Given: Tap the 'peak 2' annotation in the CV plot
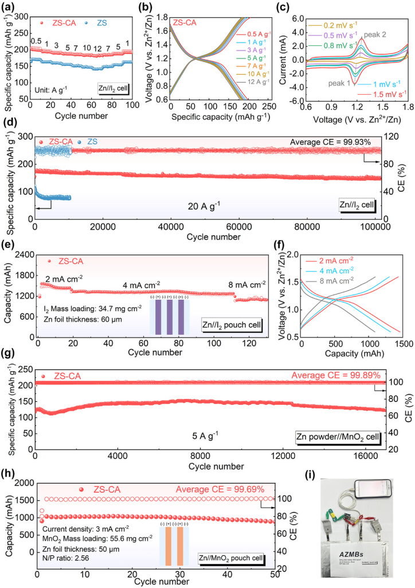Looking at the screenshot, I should tap(375, 34).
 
